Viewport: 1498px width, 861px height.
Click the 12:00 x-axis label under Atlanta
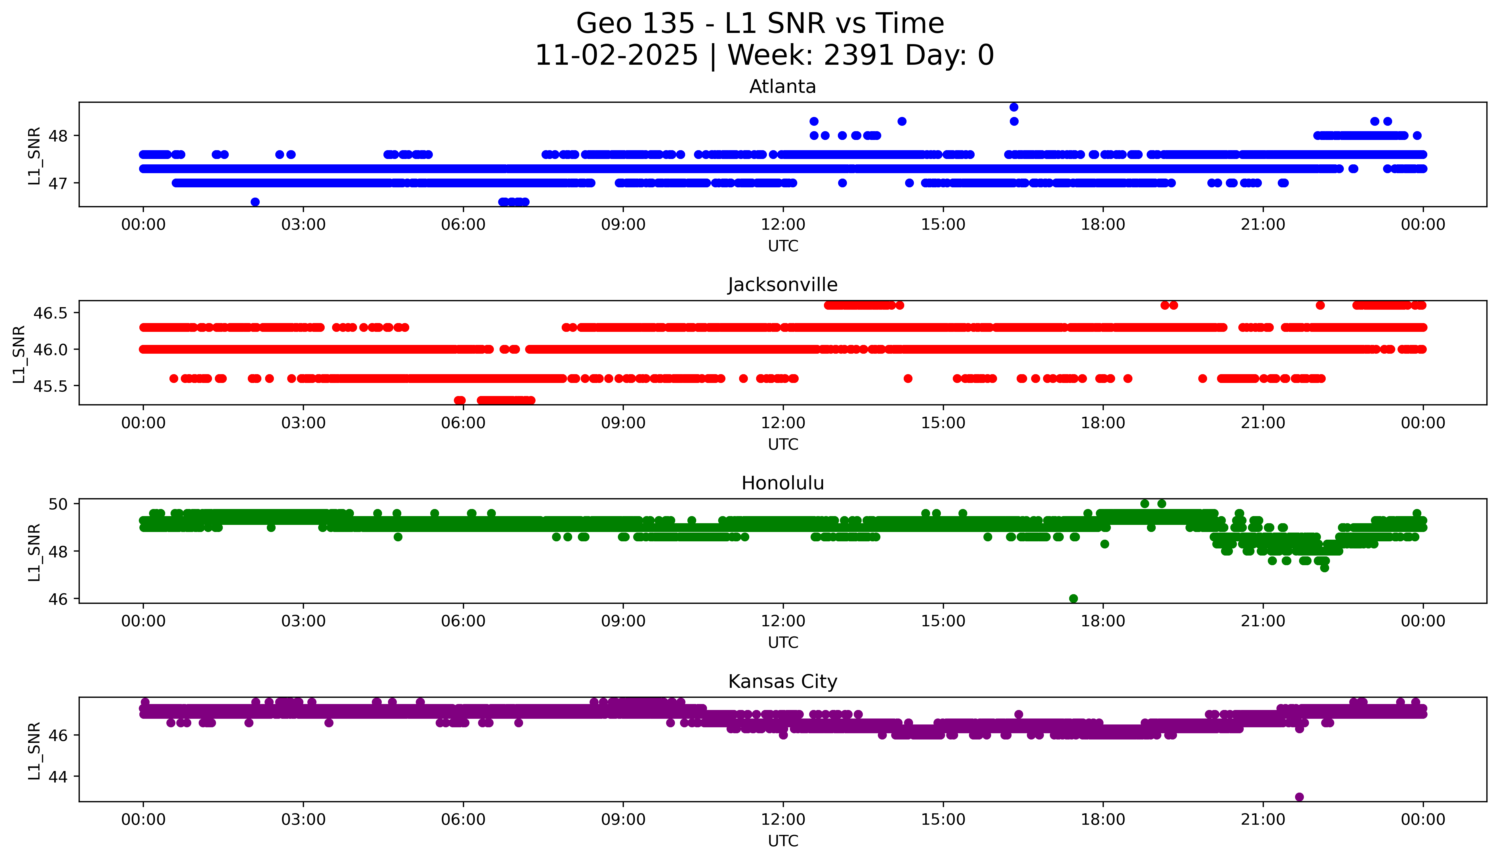(x=783, y=225)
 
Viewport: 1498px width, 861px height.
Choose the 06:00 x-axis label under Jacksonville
(x=463, y=423)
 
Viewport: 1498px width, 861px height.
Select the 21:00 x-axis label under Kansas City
(x=1263, y=820)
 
